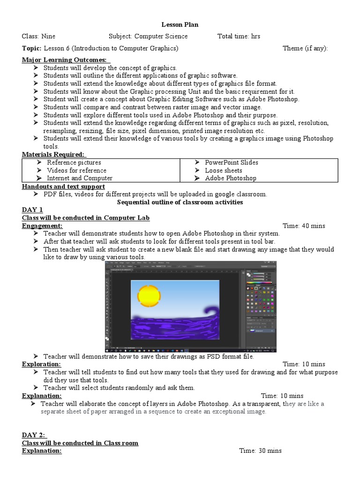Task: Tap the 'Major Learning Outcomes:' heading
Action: (66, 60)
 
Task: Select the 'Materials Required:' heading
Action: (53, 154)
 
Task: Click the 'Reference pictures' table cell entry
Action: (74, 162)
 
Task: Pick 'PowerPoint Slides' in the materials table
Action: (232, 162)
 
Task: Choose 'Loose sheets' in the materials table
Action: (224, 170)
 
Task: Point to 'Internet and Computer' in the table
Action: (79, 178)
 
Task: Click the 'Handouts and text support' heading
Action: (63, 186)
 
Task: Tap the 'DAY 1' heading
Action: (32, 210)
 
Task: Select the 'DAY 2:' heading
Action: (34, 435)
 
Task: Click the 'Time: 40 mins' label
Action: (304, 225)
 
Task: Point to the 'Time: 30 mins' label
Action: (260, 450)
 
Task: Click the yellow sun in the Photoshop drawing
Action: (150, 296)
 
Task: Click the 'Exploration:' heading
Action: (41, 364)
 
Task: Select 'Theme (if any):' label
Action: (305, 48)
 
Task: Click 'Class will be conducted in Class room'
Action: (80, 443)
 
